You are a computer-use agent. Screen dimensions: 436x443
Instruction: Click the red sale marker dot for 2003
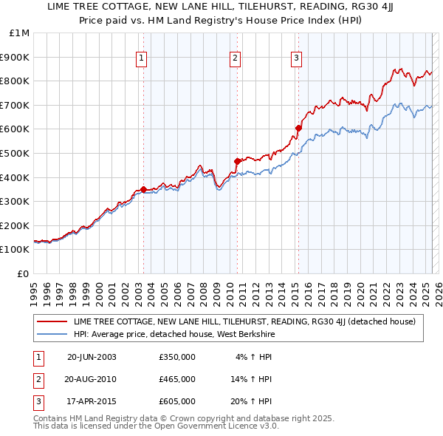pyautogui.click(x=143, y=189)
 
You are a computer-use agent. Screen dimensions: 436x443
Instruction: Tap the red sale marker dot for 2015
pyautogui.click(x=298, y=128)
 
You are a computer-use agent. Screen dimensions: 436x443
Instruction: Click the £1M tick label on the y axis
pyautogui.click(x=20, y=33)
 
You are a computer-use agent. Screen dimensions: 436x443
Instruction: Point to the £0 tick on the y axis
pyautogui.click(x=24, y=273)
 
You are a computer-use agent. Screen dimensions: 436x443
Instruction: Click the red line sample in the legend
pyautogui.click(x=52, y=322)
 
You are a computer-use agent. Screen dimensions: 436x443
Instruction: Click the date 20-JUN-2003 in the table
pyautogui.click(x=92, y=358)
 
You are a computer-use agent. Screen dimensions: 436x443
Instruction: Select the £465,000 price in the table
pyautogui.click(x=177, y=379)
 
